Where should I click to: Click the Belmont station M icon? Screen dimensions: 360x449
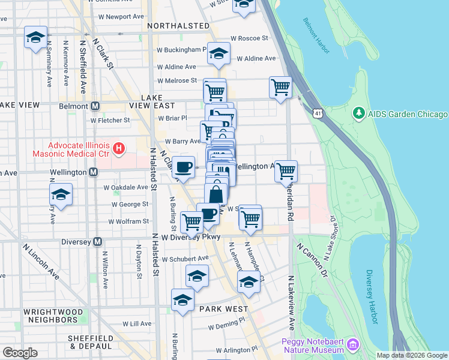click(x=94, y=106)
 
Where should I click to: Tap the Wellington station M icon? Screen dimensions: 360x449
click(x=93, y=172)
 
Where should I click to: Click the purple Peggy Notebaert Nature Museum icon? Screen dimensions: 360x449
click(x=352, y=344)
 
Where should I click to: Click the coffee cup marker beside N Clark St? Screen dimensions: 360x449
click(x=184, y=166)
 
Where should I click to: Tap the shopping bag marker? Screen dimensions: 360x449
click(x=216, y=194)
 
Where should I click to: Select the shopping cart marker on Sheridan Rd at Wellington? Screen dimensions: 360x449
click(x=286, y=170)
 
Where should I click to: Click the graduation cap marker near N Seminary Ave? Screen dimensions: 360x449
click(x=35, y=37)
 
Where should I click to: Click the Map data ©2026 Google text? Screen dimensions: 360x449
click(x=411, y=355)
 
